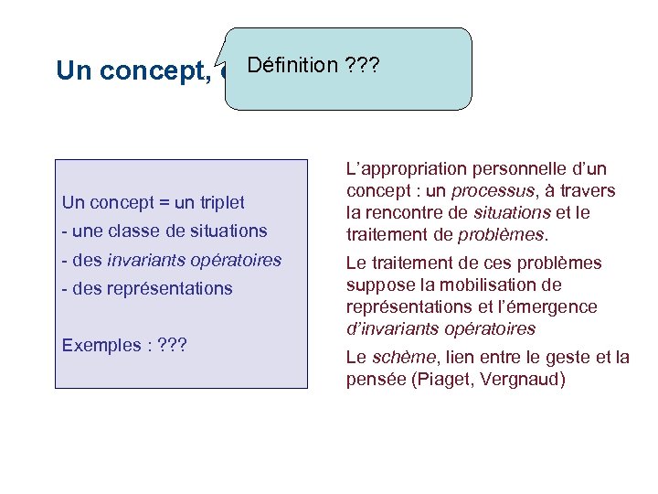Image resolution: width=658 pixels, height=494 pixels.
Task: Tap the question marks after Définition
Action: pyautogui.click(x=362, y=65)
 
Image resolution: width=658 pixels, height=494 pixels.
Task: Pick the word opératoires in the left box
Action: pyautogui.click(x=239, y=261)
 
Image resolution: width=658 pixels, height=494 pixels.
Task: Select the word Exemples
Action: pyautogui.click(x=101, y=346)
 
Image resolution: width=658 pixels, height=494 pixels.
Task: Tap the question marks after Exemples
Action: pyautogui.click(x=173, y=346)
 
